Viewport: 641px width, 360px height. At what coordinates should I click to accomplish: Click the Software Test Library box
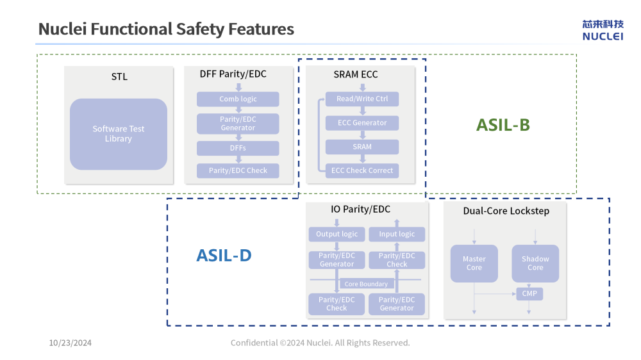[x=119, y=134]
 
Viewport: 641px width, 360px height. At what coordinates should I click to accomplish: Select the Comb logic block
[x=238, y=99]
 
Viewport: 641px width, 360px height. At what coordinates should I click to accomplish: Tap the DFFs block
[x=238, y=148]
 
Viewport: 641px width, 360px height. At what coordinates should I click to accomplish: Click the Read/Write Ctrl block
[x=362, y=99]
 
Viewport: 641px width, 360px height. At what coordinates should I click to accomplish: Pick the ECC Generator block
[x=362, y=123]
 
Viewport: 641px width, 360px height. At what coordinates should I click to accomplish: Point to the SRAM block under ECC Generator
[x=362, y=147]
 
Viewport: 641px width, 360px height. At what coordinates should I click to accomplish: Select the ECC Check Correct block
[x=362, y=170]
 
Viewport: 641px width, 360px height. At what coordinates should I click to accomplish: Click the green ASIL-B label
[x=503, y=125]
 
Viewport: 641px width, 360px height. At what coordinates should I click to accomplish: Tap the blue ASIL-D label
[x=224, y=256]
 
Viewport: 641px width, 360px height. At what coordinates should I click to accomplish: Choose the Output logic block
[x=337, y=234]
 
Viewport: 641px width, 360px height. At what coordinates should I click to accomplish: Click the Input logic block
[x=397, y=234]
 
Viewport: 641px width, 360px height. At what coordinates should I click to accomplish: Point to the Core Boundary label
[x=366, y=284]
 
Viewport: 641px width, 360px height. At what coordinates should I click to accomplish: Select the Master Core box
[x=474, y=263]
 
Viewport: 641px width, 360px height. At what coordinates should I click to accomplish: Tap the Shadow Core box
[x=535, y=263]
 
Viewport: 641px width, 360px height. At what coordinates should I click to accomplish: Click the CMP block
[x=529, y=293]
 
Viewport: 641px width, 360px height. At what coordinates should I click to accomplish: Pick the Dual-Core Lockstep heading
[x=506, y=211]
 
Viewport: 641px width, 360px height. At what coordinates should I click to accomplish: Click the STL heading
[x=119, y=77]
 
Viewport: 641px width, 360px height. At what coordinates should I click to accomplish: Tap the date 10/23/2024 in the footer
[x=71, y=343]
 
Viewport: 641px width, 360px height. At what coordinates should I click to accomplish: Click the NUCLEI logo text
[x=603, y=37]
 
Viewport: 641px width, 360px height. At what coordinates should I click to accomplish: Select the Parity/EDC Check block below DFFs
[x=238, y=170]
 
